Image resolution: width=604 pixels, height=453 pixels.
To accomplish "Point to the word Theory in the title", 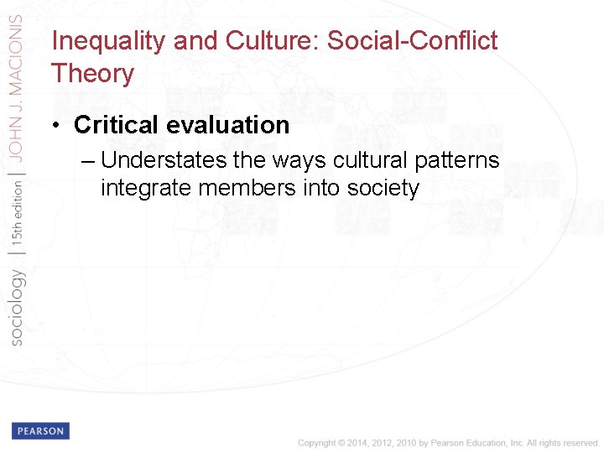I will tap(92, 74).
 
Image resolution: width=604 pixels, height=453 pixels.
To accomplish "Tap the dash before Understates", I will tap(89, 161).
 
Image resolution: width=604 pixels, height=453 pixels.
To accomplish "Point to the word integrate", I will tap(148, 187).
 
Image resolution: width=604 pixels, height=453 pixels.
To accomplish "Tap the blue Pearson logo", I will tap(40, 430).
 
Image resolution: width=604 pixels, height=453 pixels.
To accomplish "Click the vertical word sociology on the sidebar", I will tap(16, 306).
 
